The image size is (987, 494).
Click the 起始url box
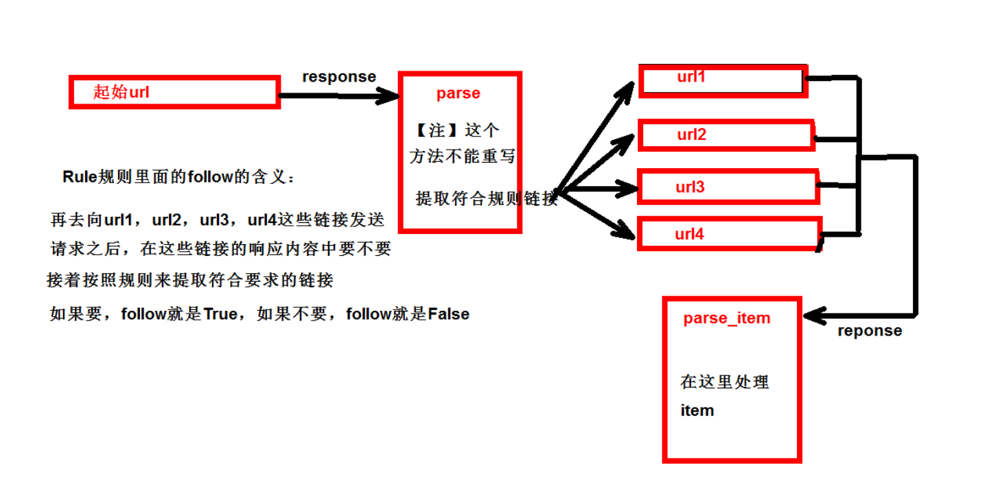pos(174,92)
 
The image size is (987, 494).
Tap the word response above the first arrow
pos(339,77)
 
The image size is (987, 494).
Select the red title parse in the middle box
pos(458,93)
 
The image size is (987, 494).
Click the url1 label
pos(691,77)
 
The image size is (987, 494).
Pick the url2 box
pos(725,135)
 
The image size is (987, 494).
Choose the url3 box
pos(728,187)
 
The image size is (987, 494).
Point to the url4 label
pos(689,234)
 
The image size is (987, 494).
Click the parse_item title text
pos(727,318)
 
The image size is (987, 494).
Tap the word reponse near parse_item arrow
pos(869,331)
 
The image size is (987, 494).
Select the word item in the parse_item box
pos(697,410)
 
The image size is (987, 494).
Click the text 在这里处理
pos(724,382)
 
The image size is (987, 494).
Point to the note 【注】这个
pos(457,130)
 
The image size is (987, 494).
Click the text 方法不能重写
pos(462,156)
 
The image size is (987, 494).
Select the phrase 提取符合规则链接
pos(486,199)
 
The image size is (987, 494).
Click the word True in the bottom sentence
pos(220,314)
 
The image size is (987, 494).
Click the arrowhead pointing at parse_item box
pos(813,316)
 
